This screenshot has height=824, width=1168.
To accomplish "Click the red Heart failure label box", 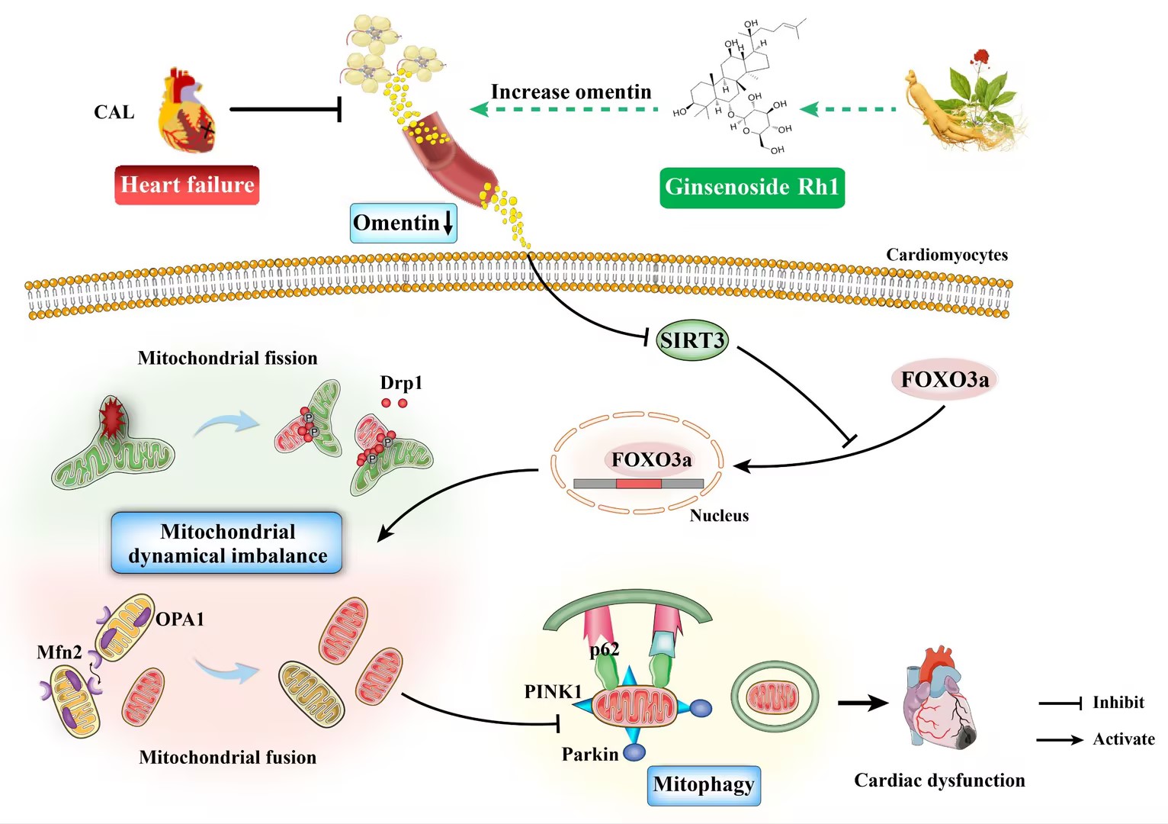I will (x=187, y=185).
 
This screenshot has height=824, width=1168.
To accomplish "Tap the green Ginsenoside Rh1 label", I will (x=752, y=187).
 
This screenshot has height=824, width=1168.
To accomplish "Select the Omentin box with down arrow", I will (x=403, y=223).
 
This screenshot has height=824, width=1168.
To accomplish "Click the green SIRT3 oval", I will (x=692, y=340).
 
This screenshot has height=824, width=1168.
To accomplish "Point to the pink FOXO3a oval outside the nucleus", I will (x=945, y=379).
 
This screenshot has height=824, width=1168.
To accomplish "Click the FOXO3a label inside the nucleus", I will (x=651, y=459).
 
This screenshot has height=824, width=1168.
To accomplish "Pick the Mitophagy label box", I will (x=704, y=785).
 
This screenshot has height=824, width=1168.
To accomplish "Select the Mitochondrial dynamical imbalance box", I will (x=227, y=543).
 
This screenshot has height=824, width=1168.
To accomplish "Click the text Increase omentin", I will (x=571, y=92).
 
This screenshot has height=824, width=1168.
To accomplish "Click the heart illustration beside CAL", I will (x=185, y=111).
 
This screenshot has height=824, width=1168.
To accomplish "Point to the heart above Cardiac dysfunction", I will (x=937, y=698).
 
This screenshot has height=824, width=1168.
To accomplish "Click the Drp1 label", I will (x=401, y=383).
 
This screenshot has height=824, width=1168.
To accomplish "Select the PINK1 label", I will (x=553, y=692).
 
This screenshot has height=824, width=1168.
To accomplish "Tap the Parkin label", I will (x=589, y=755).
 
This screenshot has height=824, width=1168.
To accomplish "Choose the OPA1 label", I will (x=180, y=620).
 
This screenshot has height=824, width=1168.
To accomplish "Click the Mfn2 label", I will (x=59, y=652).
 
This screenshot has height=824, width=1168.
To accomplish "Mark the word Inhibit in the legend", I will (x=1118, y=703).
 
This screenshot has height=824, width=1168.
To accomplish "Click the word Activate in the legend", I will (x=1123, y=739).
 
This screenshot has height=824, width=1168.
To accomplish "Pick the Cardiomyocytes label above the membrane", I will (x=946, y=255).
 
